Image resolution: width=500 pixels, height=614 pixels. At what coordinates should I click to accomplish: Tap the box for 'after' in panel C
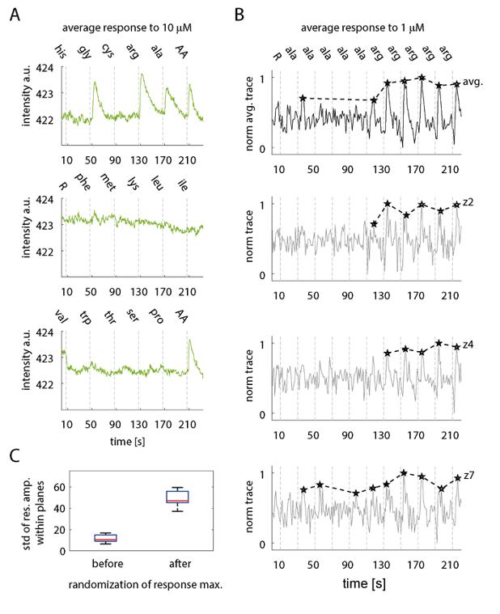coord(172,496)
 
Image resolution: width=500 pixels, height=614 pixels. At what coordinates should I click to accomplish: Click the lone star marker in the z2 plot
coord(373,223)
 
